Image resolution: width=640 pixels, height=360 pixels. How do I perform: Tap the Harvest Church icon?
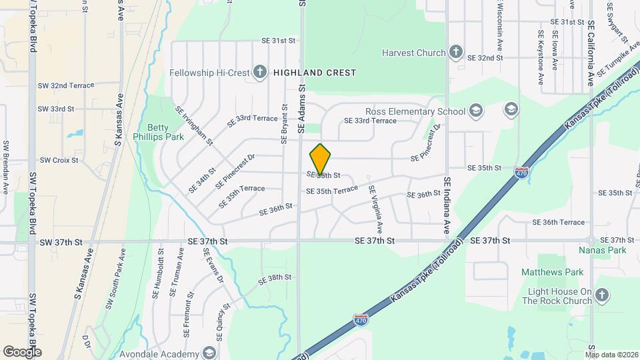(x=456, y=53)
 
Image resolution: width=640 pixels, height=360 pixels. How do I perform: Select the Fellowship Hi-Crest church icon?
(x=260, y=73)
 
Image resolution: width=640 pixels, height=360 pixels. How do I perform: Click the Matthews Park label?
(x=552, y=272)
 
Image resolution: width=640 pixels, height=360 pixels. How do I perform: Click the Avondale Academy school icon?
(x=209, y=352)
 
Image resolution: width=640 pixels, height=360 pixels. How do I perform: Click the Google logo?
(x=21, y=352)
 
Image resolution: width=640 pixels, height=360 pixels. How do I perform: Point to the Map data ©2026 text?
(x=613, y=354)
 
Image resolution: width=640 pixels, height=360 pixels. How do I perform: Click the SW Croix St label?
(x=59, y=160)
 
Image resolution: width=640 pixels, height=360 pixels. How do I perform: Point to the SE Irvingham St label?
(x=194, y=125)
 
